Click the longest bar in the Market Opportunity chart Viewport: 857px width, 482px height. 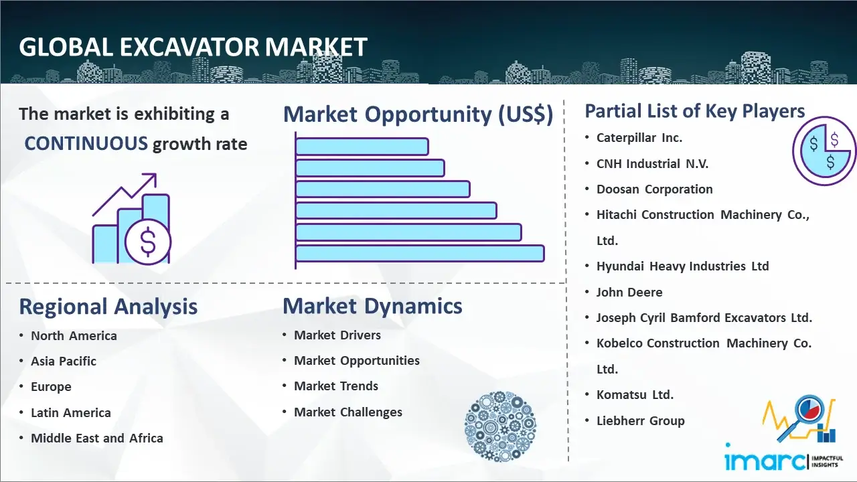coord(420,254)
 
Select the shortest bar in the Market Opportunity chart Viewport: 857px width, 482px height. coord(362,147)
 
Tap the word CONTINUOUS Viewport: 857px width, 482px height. coord(86,144)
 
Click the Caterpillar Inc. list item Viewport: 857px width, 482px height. coord(639,138)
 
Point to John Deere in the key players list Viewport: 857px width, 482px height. coord(629,293)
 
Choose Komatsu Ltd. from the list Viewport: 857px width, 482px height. coord(635,394)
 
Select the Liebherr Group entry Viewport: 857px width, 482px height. coord(641,421)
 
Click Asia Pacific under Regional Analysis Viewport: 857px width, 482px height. coord(64,361)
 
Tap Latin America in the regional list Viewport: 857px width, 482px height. coord(71,413)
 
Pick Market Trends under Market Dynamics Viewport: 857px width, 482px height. coord(336,386)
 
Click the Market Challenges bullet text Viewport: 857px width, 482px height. coord(347,412)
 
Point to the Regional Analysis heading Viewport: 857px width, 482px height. coord(108,307)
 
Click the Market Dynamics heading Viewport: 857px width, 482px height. coord(372,306)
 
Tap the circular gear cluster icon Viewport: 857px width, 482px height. coord(500,426)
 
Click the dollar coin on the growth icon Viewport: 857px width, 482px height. coord(148,242)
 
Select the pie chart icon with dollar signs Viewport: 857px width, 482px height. coord(824,151)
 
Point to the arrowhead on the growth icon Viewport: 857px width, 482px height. coord(151,179)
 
